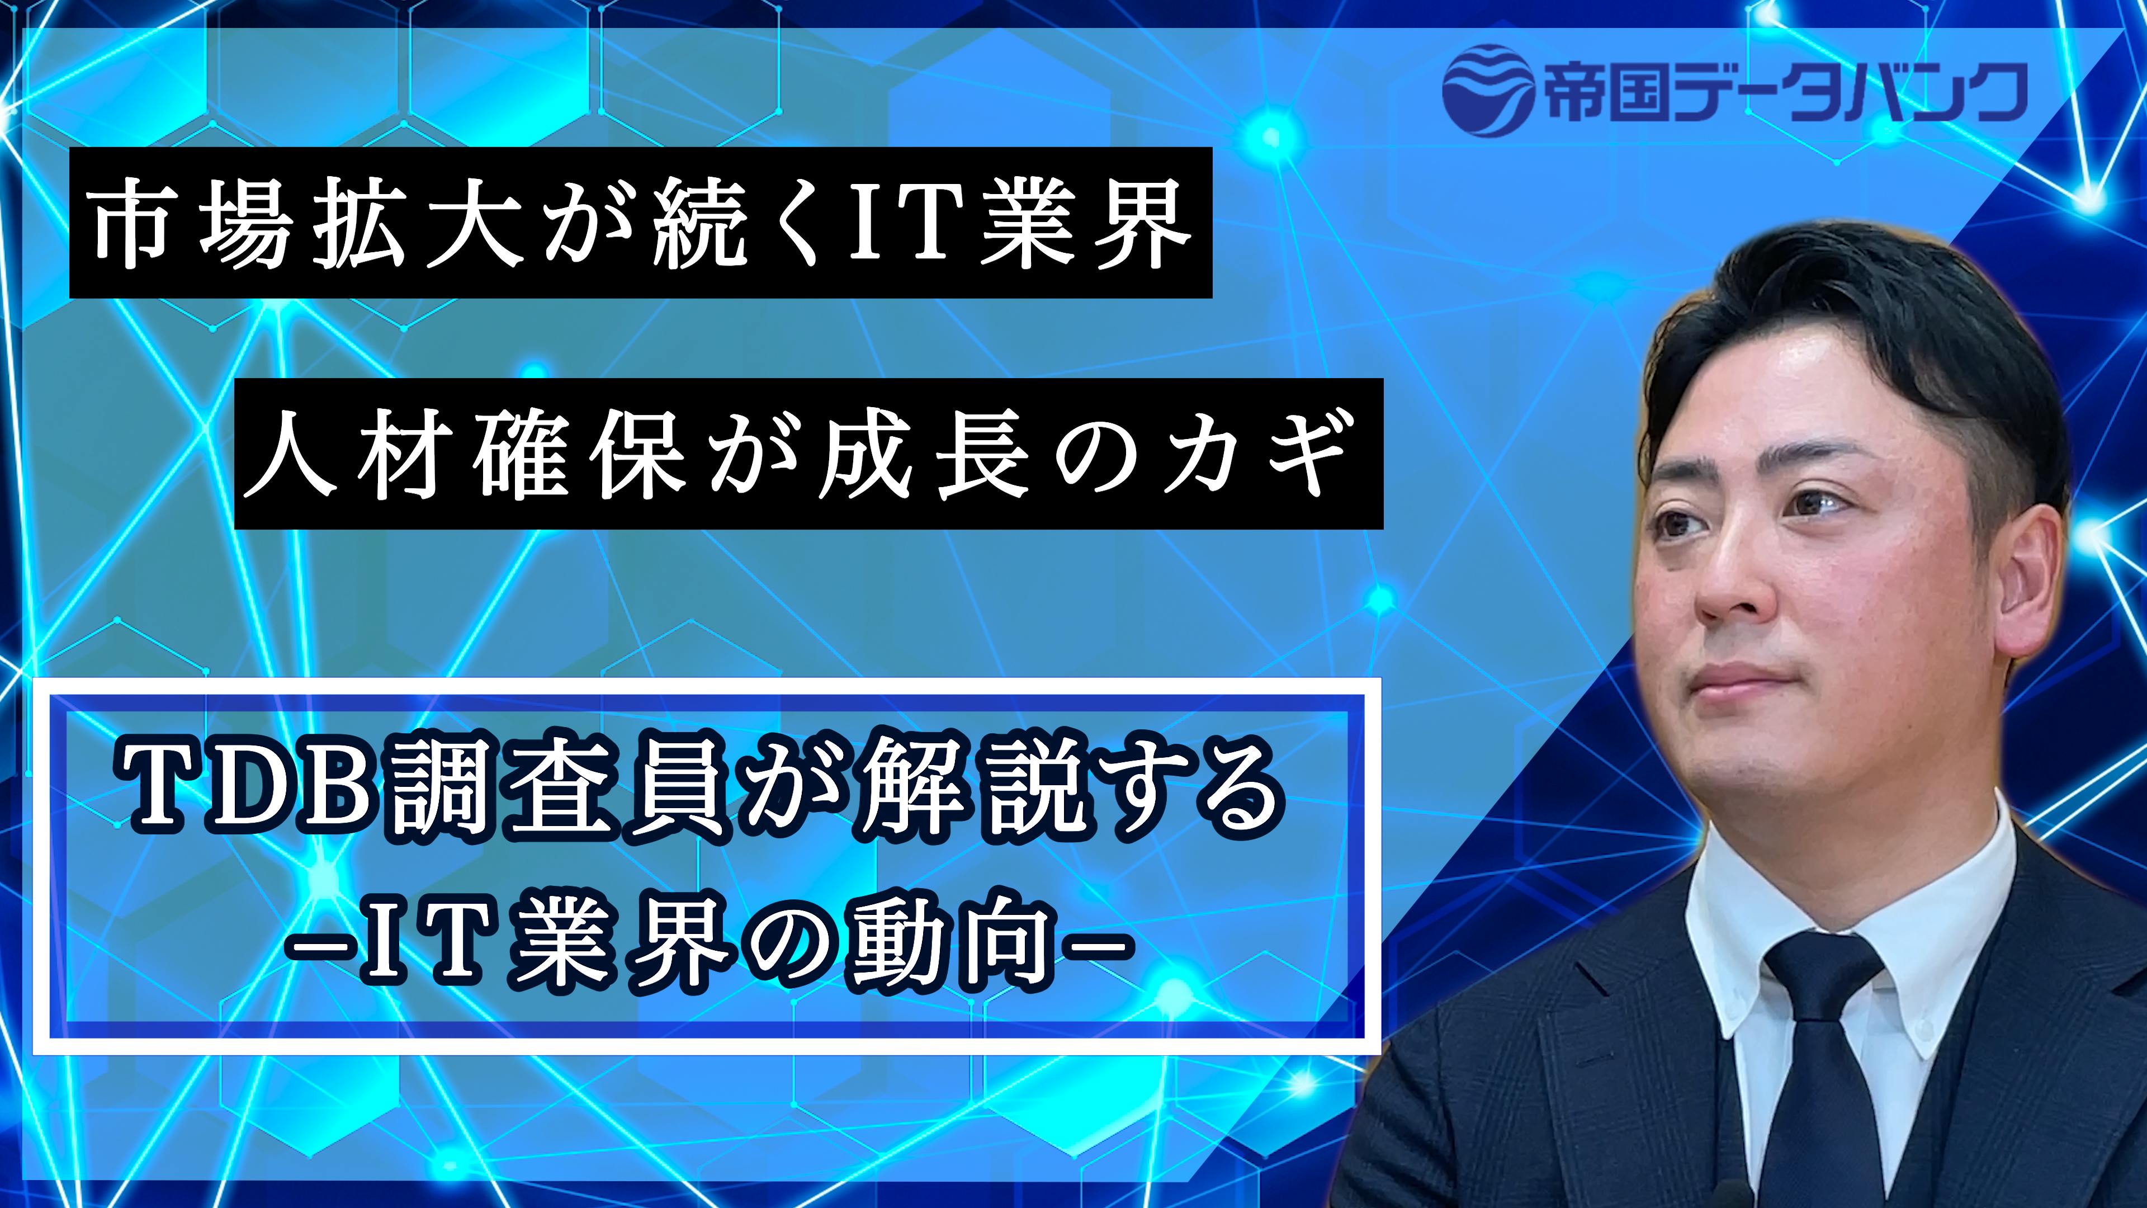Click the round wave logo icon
tap(1488, 90)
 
